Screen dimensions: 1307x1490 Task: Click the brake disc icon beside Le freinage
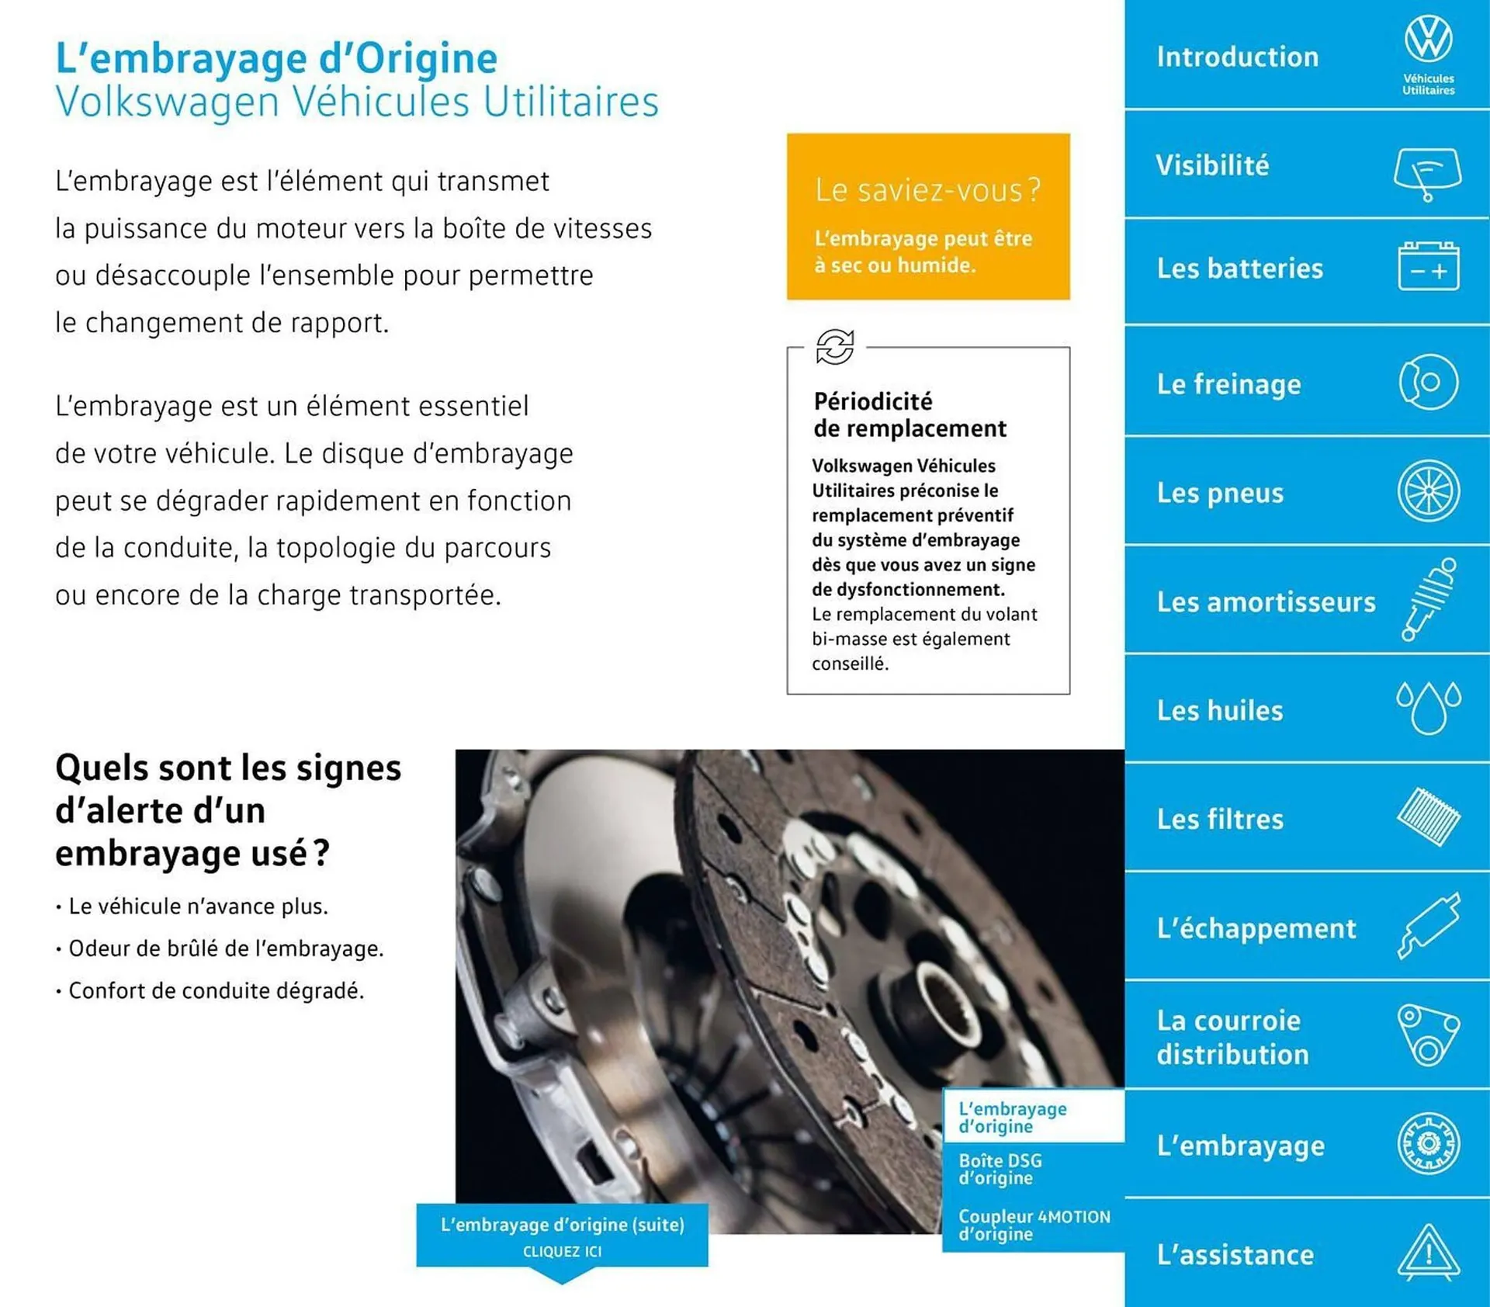point(1428,382)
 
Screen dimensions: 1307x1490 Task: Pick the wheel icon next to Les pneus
point(1428,491)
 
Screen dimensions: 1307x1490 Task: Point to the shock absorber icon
point(1429,599)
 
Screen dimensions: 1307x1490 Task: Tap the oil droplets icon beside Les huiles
point(1428,708)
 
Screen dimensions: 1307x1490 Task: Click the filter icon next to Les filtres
point(1428,816)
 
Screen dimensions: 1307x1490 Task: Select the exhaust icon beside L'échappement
point(1428,925)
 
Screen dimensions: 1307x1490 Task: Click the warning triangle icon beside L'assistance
point(1428,1252)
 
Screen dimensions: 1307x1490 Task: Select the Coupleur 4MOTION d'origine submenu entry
point(1033,1225)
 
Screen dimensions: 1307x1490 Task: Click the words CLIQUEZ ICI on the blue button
point(562,1251)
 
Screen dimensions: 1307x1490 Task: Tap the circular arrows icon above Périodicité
point(835,346)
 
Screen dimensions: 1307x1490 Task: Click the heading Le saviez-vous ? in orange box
point(927,190)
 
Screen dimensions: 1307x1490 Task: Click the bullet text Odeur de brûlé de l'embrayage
point(226,948)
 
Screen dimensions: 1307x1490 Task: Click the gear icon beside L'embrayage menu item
point(1428,1143)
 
